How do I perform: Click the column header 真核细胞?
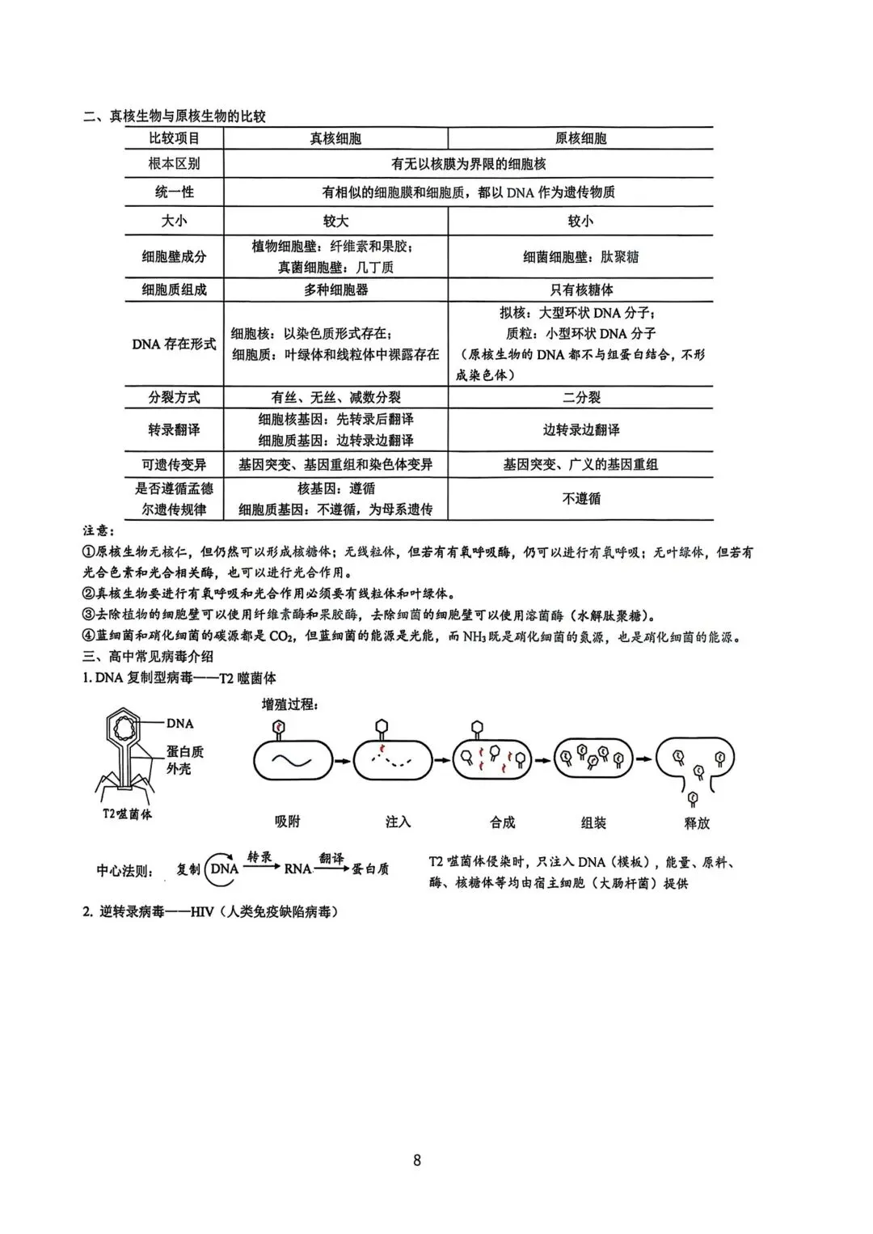(335, 138)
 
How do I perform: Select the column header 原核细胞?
(580, 138)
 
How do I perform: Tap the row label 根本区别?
(174, 163)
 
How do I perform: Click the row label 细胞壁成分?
(174, 257)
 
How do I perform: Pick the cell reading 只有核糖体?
(580, 289)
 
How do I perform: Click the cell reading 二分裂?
(580, 397)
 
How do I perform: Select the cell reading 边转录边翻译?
(580, 429)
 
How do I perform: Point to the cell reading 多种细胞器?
(335, 289)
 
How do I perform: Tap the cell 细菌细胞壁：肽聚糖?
(580, 257)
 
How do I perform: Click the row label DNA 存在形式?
(174, 344)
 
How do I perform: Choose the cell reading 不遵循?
(580, 498)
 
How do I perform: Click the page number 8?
(417, 1160)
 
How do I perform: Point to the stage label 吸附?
(287, 822)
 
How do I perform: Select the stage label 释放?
(696, 822)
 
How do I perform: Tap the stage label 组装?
(593, 822)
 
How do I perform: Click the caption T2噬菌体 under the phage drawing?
(122, 814)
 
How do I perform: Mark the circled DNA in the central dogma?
(224, 868)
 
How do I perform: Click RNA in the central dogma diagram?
(297, 868)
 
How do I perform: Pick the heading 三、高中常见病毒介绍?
(149, 657)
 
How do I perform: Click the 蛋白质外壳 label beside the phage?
(185, 760)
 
